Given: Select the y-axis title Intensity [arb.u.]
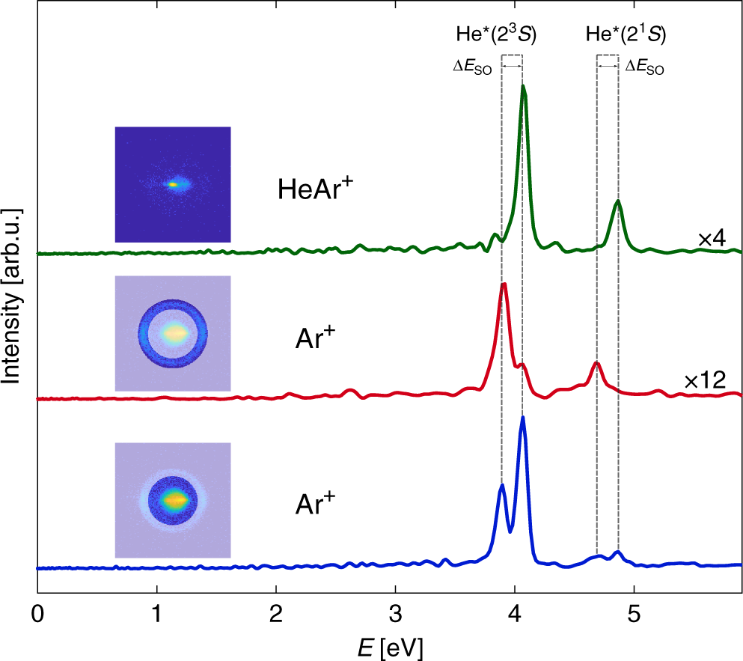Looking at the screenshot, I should pos(13,296).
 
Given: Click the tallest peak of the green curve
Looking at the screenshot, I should pos(523,86).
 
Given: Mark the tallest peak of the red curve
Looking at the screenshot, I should pos(504,284).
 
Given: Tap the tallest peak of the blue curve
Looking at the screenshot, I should pos(522,418).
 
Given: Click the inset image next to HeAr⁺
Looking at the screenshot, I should pos(173,184).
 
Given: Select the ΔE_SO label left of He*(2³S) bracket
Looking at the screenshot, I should pos(472,67).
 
